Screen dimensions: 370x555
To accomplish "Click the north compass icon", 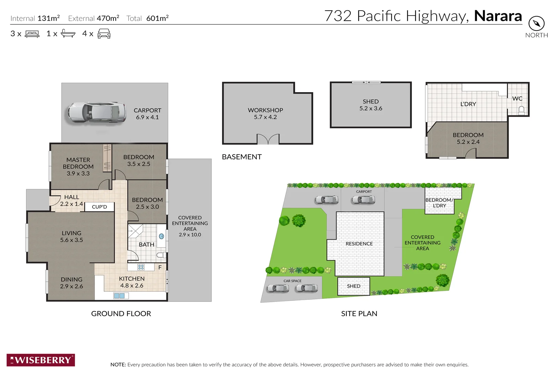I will tap(536, 23).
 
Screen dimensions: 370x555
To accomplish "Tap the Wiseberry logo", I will tap(41, 360).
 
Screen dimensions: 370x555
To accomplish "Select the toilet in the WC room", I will tap(521, 110).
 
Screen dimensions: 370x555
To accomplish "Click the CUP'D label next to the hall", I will tap(99, 207).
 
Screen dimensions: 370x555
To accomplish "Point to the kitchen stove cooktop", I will tap(141, 267).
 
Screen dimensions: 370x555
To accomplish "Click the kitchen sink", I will tap(119, 296).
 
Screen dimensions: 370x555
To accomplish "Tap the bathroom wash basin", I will tap(162, 236).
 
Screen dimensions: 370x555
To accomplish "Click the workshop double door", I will tap(268, 139).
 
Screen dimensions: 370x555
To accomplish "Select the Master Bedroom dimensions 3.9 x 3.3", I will tap(78, 174).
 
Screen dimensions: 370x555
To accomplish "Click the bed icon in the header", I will tap(32, 34).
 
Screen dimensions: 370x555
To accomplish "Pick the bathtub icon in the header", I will tap(68, 34).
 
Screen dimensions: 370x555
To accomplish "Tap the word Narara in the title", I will tap(498, 16).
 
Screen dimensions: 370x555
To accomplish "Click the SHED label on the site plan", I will tap(354, 286).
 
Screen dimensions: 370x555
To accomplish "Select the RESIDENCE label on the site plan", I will tap(359, 244).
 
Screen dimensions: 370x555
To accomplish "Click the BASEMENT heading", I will tap(242, 157).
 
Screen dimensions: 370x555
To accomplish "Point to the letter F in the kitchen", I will tap(160, 267).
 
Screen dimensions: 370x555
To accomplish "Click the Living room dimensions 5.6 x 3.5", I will tap(72, 240).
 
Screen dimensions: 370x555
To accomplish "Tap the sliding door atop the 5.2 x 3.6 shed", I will tap(366, 82).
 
